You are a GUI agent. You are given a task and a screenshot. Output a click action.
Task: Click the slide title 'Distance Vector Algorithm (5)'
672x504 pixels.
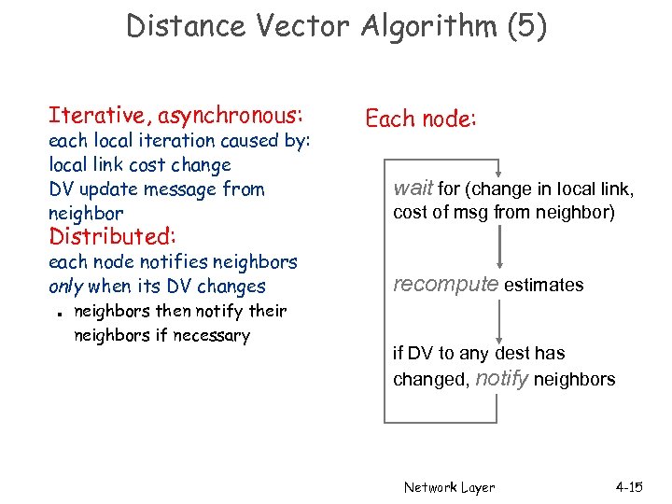pos(336,26)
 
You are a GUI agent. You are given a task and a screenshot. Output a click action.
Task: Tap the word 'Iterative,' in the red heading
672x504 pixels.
pos(101,116)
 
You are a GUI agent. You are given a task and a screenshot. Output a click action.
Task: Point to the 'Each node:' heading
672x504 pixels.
pos(421,119)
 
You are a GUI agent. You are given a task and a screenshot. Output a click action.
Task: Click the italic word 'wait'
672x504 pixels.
pos(412,189)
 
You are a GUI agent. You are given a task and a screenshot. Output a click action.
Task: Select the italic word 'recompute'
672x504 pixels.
pos(446,285)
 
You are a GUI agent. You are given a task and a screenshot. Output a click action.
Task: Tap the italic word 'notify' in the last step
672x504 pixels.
pos(502,378)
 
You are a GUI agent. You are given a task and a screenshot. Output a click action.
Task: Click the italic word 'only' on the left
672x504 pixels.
pos(65,287)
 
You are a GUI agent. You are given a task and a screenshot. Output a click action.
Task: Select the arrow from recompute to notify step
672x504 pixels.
pos(502,320)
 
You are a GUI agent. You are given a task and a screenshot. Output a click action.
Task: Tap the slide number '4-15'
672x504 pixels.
pos(629,487)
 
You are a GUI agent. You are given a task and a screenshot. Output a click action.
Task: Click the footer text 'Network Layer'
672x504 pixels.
pos(449,487)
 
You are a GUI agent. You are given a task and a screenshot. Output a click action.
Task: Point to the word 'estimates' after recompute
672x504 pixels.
pos(544,286)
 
